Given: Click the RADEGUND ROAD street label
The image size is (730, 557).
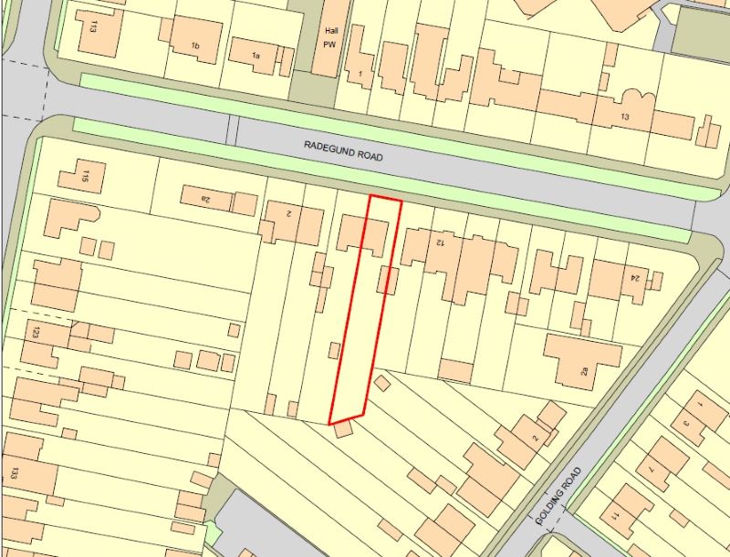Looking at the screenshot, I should point(344,150).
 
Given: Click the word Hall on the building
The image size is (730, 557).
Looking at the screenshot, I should point(330,29).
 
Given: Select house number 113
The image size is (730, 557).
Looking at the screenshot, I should point(93,25).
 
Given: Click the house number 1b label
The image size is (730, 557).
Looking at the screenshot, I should point(194,46).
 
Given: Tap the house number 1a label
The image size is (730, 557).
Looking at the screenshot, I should point(256,57).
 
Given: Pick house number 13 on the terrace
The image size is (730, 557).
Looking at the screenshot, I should point(624,118).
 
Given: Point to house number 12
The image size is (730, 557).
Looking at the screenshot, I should point(440,242).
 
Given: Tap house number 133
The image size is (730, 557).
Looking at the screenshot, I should point(15,472).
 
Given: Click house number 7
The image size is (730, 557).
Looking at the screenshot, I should point(652,469).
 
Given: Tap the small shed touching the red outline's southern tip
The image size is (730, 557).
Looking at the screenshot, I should point(343,428).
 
